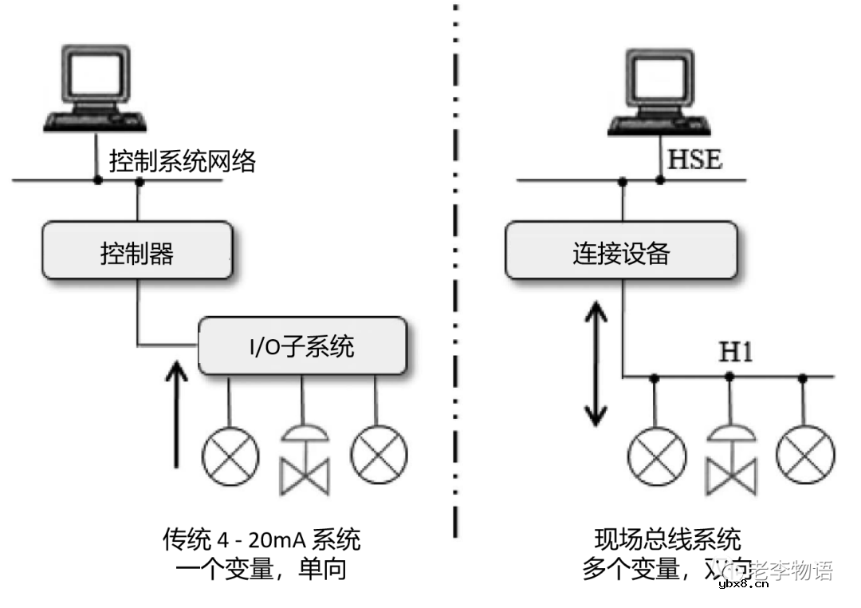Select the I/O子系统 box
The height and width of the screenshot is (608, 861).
[302, 346]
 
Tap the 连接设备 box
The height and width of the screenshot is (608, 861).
[621, 251]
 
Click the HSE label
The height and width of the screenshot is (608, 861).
[694, 160]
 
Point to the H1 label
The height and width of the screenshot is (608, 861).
[736, 352]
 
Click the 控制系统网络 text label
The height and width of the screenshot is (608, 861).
[183, 162]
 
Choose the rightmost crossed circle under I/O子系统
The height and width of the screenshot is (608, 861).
[378, 455]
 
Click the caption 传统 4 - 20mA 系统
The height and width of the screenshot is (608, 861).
[261, 539]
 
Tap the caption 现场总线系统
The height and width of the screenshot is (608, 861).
[668, 539]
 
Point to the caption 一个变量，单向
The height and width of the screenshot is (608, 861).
[261, 570]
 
